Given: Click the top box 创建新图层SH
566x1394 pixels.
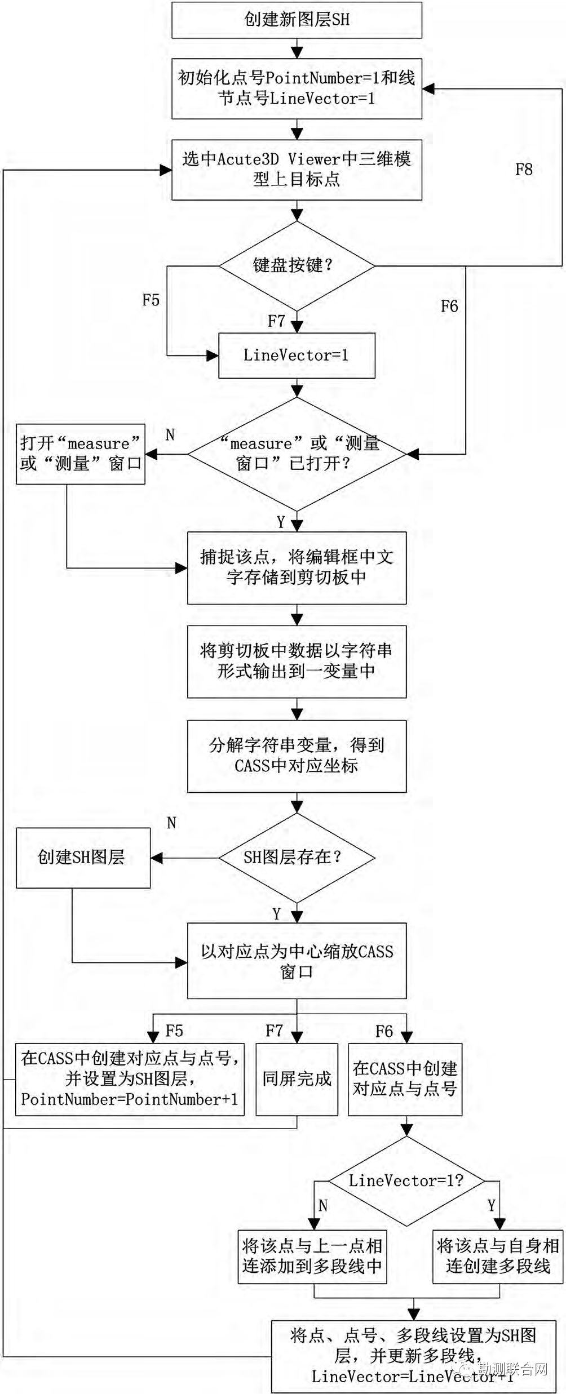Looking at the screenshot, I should tap(297, 20).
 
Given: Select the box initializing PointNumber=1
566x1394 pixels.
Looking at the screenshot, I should tap(297, 88).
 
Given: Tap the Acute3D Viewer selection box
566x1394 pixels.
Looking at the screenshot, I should tap(297, 169).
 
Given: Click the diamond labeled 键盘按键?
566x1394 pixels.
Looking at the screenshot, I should tap(297, 265).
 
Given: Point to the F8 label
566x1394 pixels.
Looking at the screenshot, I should tap(524, 169).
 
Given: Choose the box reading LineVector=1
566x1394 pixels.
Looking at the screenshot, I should tap(297, 355).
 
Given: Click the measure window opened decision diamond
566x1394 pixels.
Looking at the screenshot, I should tap(297, 454).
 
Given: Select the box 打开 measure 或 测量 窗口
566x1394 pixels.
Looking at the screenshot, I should tap(80, 454).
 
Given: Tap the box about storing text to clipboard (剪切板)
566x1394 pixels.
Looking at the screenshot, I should tap(297, 567).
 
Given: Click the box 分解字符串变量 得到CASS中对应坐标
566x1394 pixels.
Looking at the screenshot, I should tap(297, 756).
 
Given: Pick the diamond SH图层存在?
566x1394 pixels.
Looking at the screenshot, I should tap(297, 858).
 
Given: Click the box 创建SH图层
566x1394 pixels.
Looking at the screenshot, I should tap(82, 858).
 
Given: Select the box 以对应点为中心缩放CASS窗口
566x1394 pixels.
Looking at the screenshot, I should tap(297, 961).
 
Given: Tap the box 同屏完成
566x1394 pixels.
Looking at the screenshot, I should tap(297, 1079).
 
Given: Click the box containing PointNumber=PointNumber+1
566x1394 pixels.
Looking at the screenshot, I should tap(130, 1079).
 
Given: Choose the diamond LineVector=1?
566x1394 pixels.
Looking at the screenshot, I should tap(406, 1181).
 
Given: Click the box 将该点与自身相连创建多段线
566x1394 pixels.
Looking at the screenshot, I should tap(498, 1257).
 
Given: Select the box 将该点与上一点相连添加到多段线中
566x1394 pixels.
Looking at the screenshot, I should tap(312, 1257).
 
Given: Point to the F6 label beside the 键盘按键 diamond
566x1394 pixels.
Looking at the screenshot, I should tap(449, 307).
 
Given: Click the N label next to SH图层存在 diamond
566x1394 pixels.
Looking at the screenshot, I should tap(171, 823).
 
